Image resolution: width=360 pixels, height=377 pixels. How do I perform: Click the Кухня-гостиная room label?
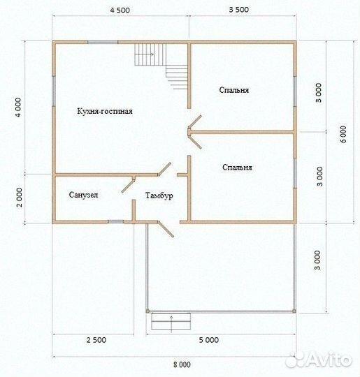[105, 111]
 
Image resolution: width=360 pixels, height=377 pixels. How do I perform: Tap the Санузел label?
[83, 195]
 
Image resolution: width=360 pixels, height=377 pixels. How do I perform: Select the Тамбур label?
[159, 195]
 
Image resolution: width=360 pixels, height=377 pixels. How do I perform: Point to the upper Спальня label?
[233, 90]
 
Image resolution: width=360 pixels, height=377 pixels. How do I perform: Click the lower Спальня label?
[237, 168]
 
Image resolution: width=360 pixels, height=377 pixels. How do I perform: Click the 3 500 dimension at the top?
[238, 10]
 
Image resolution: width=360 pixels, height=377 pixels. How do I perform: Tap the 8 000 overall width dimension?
[182, 364]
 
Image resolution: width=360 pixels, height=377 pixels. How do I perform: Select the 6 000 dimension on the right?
[344, 134]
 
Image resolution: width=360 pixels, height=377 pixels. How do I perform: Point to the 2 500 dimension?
[96, 340]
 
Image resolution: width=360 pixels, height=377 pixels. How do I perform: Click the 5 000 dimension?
[209, 340]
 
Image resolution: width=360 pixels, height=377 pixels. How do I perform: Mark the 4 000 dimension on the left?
[18, 108]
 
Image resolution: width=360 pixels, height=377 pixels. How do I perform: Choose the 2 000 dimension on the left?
[19, 198]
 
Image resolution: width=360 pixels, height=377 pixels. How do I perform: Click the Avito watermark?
[319, 360]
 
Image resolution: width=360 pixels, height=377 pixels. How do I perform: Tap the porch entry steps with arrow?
[171, 321]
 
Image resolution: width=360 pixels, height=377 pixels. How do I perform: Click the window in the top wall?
[103, 42]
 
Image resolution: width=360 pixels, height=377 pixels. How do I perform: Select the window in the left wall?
[54, 91]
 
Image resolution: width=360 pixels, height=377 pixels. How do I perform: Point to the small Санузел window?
[116, 222]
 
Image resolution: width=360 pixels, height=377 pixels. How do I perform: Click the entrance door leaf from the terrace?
[166, 230]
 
